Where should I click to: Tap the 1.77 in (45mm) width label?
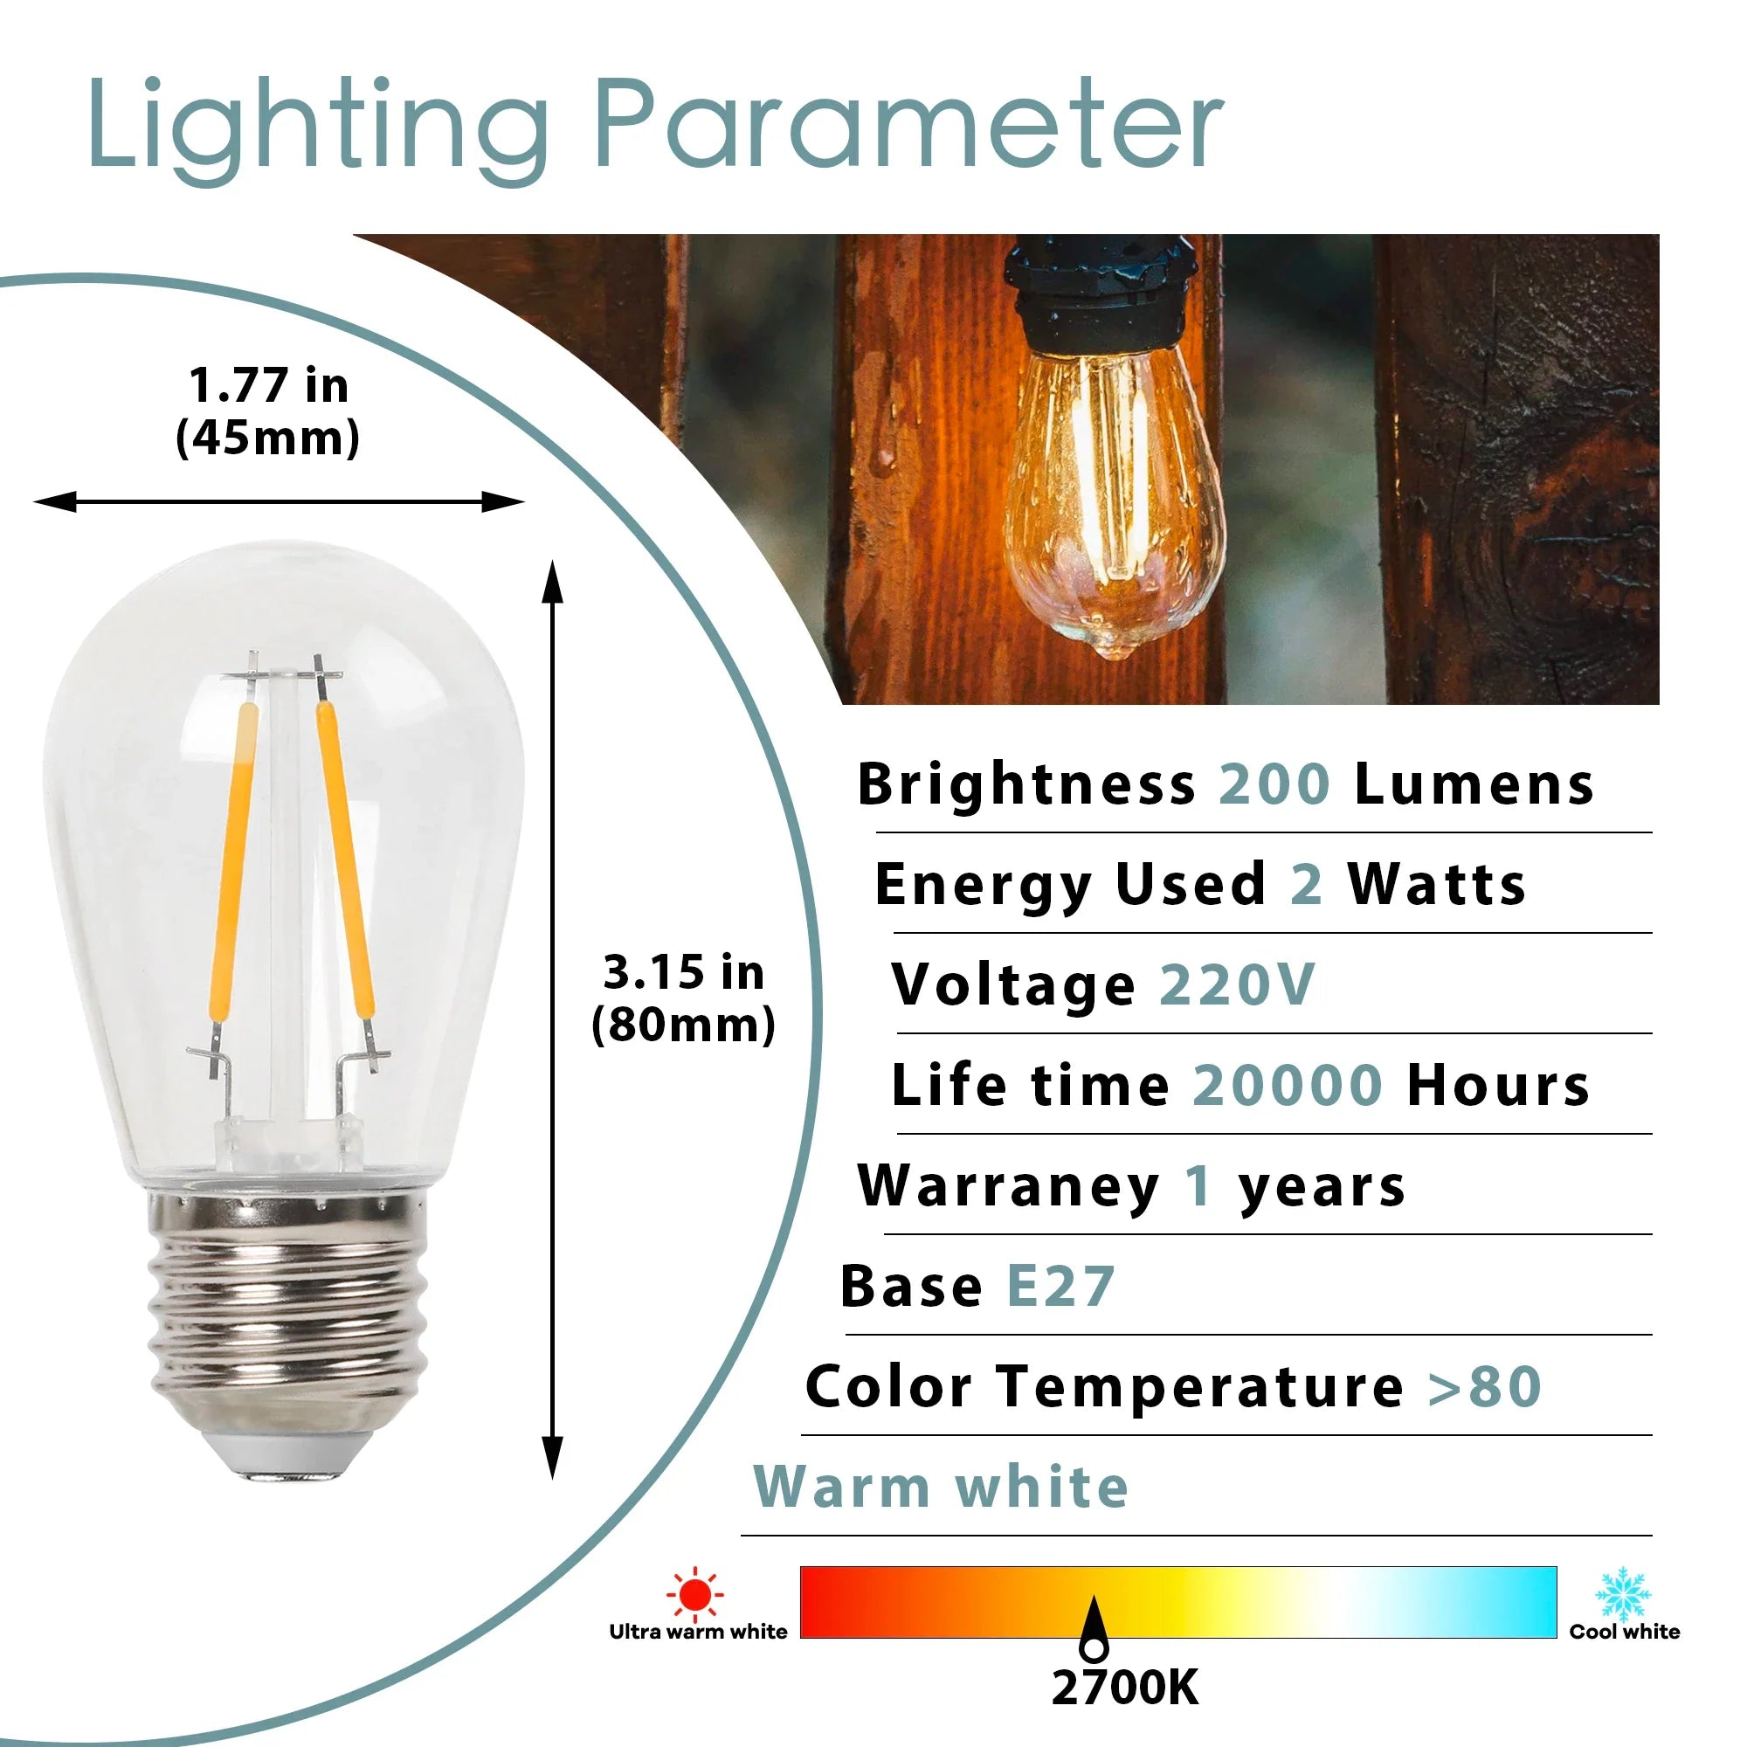pyautogui.click(x=267, y=411)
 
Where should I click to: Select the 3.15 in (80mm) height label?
pyautogui.click(x=684, y=998)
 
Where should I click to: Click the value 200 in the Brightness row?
pyautogui.click(x=1275, y=784)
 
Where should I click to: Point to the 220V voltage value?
pyautogui.click(x=1237, y=984)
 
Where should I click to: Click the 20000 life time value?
pyautogui.click(x=1288, y=1085)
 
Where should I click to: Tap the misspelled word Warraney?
pyautogui.click(x=1009, y=1185)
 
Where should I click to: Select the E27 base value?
pyautogui.click(x=1060, y=1286)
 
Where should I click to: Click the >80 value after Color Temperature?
pyautogui.click(x=1485, y=1387)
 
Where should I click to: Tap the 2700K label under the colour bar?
pyautogui.click(x=1125, y=1688)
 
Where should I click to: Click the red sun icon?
pyautogui.click(x=694, y=1594)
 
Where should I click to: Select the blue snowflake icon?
pyautogui.click(x=1623, y=1595)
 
